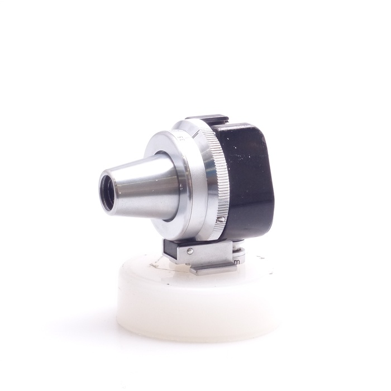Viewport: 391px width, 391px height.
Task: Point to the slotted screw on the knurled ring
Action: (x=223, y=220)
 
